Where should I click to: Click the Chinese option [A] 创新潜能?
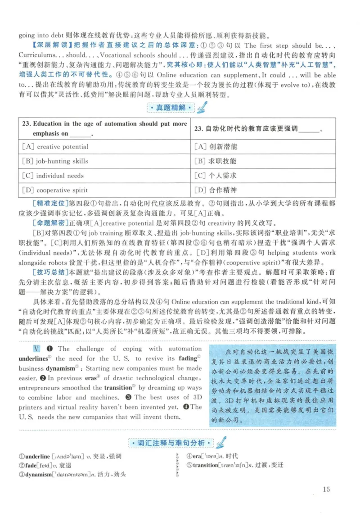216,146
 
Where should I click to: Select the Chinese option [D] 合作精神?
216,190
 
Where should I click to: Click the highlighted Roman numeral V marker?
36,349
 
